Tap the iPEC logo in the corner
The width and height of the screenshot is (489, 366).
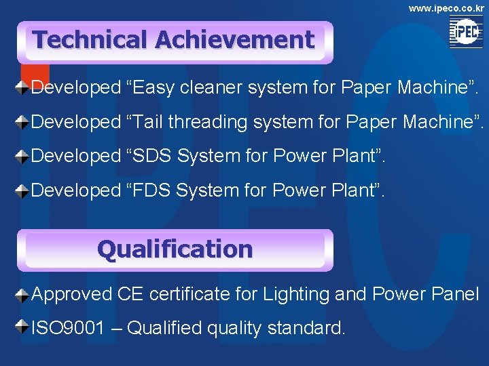point(466,32)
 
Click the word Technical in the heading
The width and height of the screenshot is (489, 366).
point(90,40)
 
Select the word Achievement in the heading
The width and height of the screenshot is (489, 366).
point(234,40)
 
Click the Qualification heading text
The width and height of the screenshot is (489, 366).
point(175,249)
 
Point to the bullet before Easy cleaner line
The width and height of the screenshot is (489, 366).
point(23,87)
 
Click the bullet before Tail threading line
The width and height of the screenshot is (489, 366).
point(23,122)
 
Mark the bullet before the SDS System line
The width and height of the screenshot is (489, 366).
point(23,156)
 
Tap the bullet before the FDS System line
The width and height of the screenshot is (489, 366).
point(23,190)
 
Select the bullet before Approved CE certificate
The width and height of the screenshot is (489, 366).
point(23,294)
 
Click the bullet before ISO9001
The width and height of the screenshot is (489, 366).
point(23,329)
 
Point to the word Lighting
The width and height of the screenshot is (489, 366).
point(297,295)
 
